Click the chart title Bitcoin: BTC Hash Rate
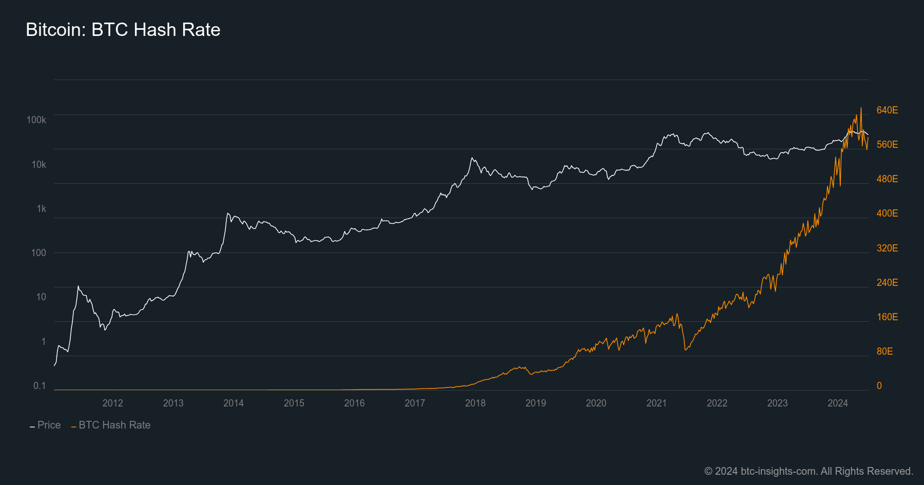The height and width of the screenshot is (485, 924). [123, 30]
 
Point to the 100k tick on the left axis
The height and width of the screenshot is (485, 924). [36, 120]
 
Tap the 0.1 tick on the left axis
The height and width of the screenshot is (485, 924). [40, 386]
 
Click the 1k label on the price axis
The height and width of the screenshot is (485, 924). [41, 209]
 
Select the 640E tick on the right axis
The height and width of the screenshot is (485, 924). [887, 110]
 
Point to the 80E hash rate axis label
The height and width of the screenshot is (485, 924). [884, 352]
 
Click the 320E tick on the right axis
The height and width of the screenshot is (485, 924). [887, 248]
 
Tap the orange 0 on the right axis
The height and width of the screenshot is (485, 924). [879, 386]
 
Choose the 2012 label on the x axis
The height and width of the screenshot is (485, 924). [112, 403]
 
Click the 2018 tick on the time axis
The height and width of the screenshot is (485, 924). [475, 403]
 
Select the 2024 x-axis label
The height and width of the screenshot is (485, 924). [837, 403]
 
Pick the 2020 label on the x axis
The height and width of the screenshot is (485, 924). [596, 403]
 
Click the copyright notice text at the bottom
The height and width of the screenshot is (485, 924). [808, 471]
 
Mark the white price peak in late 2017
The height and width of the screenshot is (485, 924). [472, 158]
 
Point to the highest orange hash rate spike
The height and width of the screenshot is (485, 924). [861, 108]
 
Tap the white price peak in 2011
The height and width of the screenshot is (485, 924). [78, 286]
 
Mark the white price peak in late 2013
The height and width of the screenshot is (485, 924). [227, 213]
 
